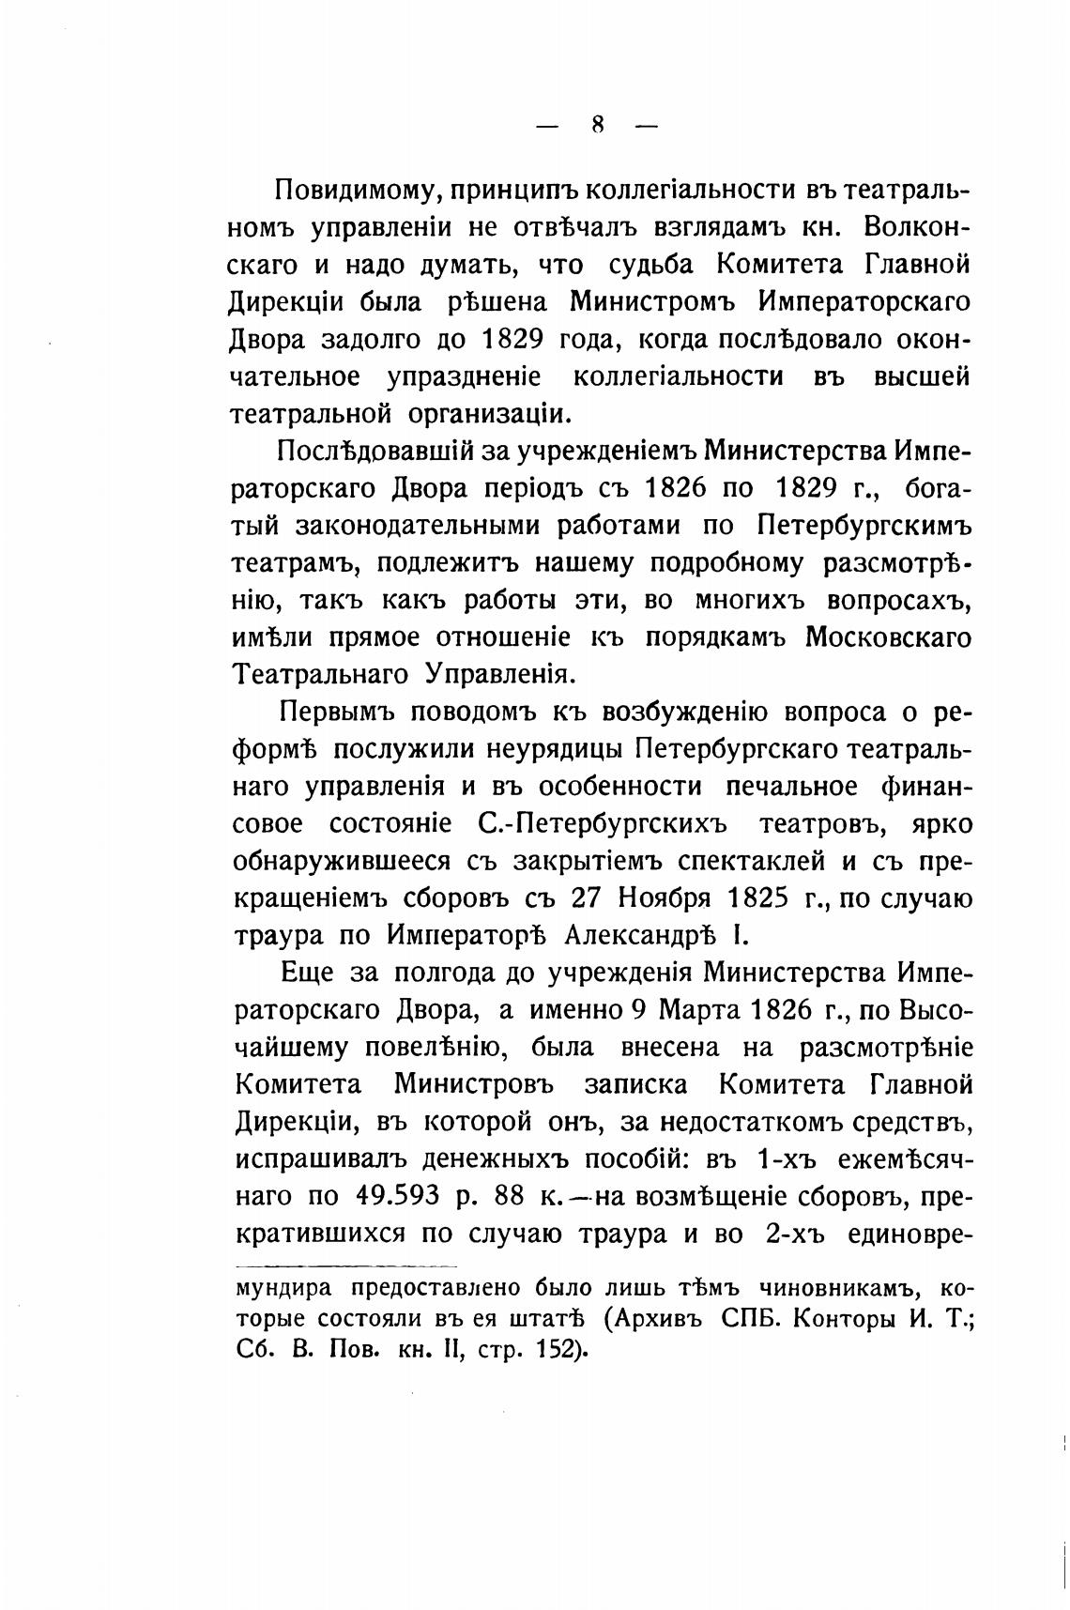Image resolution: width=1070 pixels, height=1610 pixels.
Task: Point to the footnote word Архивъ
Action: (x=657, y=1318)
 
